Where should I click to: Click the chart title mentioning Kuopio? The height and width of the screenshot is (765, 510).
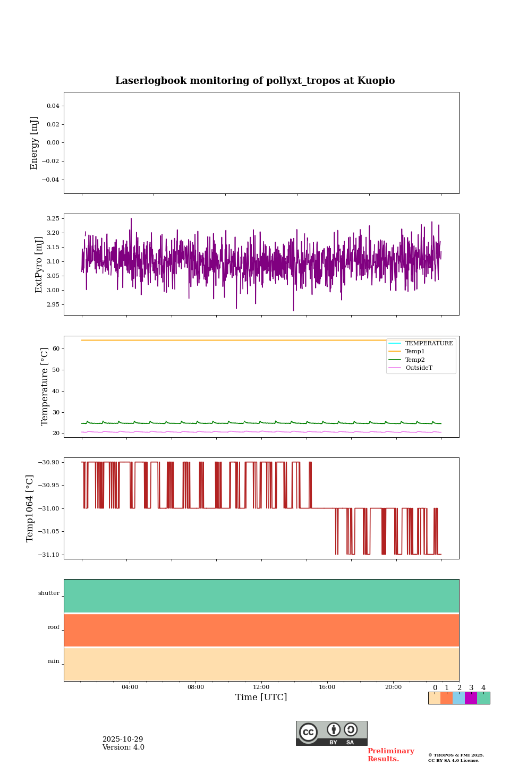[x=255, y=81]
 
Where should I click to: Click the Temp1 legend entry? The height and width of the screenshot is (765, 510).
[x=414, y=352]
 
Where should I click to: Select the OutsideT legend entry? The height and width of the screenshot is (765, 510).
[x=419, y=368]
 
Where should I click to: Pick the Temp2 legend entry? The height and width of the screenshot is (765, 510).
[x=414, y=360]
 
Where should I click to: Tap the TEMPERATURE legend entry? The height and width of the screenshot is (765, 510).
[x=429, y=344]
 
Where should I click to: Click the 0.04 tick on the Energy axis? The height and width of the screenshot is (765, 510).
[x=53, y=106]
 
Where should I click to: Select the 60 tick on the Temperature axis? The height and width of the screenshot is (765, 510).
[x=56, y=349]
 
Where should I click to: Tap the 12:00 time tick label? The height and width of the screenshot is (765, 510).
[x=261, y=687]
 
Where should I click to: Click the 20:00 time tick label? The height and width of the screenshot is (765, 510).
[x=393, y=687]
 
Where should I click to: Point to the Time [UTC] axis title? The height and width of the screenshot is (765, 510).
[x=261, y=698]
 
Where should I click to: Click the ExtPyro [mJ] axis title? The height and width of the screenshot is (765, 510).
[x=39, y=265]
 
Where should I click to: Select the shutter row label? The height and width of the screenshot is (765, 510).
[x=49, y=593]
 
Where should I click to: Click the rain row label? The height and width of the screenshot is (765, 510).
[x=54, y=661]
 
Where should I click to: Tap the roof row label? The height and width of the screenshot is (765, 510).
[x=54, y=627]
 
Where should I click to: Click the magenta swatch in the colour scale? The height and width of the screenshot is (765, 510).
[x=471, y=698]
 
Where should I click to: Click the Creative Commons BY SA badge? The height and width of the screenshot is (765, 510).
[x=331, y=733]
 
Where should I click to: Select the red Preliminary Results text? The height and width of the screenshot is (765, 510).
[x=390, y=755]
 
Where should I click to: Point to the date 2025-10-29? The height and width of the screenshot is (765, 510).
[x=123, y=739]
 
